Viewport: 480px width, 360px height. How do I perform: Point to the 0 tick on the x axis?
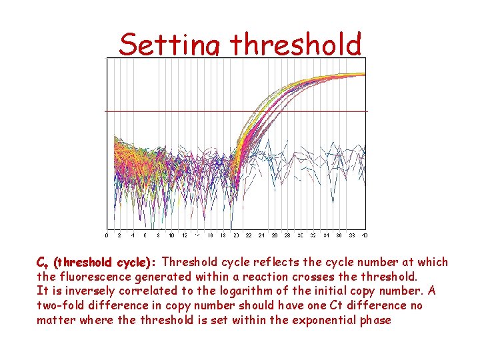(x=107, y=235)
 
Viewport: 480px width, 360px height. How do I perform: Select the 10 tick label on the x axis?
(x=171, y=235)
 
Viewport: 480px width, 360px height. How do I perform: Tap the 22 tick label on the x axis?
(x=249, y=235)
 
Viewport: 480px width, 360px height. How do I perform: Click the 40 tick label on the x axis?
(x=364, y=235)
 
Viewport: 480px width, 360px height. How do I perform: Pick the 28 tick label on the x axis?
(x=287, y=235)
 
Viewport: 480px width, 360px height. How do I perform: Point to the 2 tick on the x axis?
(x=119, y=235)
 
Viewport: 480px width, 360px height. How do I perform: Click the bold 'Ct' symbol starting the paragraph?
(x=42, y=262)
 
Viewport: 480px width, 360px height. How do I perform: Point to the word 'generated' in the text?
(x=152, y=277)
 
